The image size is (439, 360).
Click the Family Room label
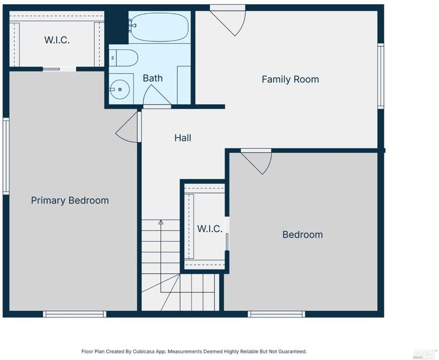pos(290,79)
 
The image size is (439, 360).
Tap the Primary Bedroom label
pos(70,200)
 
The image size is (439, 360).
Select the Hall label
pos(183,138)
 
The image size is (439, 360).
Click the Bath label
pos(153,79)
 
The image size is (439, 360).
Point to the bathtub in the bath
pos(160,27)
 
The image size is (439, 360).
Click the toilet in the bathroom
pos(123,58)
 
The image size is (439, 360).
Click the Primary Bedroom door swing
pos(127,127)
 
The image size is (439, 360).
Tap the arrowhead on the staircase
pos(161,223)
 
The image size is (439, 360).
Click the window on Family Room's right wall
pos(381,76)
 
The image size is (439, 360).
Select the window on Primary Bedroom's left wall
pos(6,156)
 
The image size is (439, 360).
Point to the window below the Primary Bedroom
pos(74,314)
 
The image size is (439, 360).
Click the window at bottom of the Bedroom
pos(276,314)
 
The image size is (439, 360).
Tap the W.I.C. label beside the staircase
pos(210,229)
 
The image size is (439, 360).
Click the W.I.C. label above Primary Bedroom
pos(57,40)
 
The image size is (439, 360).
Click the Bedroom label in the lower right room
pos(303,235)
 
